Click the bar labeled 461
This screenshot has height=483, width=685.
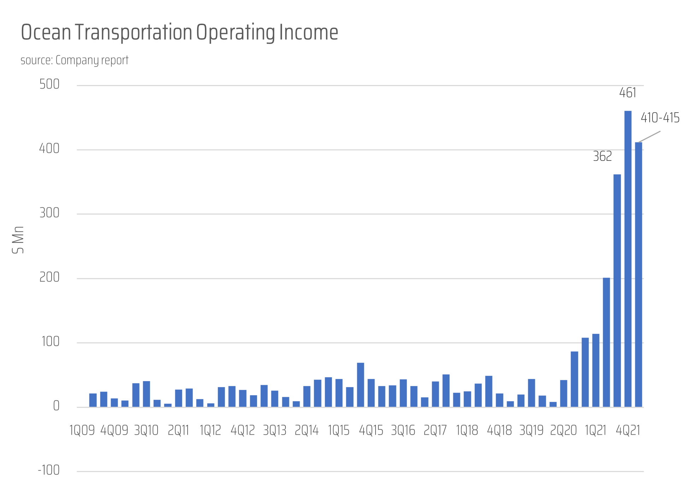628,259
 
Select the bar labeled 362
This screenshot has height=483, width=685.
617,291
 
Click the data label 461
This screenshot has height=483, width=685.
628,93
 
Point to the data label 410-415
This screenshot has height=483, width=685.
660,118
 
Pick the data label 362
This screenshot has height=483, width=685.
602,156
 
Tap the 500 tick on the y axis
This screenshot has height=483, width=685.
49,84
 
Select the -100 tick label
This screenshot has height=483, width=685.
49,470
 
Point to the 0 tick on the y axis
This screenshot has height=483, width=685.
56,406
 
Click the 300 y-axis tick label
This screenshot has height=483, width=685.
49,213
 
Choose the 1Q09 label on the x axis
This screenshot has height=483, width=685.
82,430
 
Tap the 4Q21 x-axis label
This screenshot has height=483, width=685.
628,430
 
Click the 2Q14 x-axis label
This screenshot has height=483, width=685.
307,430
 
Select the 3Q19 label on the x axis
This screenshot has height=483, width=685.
531,430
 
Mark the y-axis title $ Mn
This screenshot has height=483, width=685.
18,240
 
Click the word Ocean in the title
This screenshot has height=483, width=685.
46,32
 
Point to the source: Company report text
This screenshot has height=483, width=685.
75,60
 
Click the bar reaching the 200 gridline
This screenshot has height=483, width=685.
606,342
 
